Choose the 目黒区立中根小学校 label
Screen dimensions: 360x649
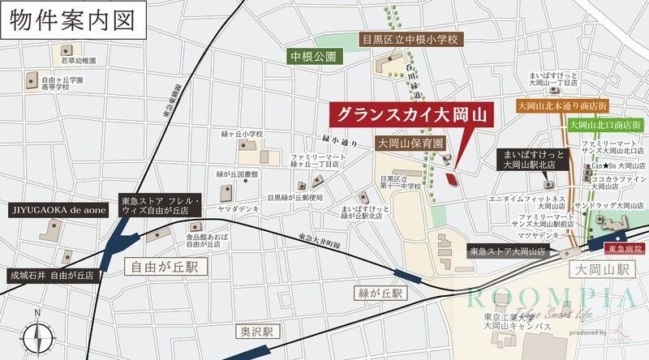410,39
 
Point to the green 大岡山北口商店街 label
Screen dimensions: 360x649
605,125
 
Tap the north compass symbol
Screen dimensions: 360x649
37,335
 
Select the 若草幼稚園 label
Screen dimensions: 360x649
79,61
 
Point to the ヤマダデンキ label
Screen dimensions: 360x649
238,208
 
